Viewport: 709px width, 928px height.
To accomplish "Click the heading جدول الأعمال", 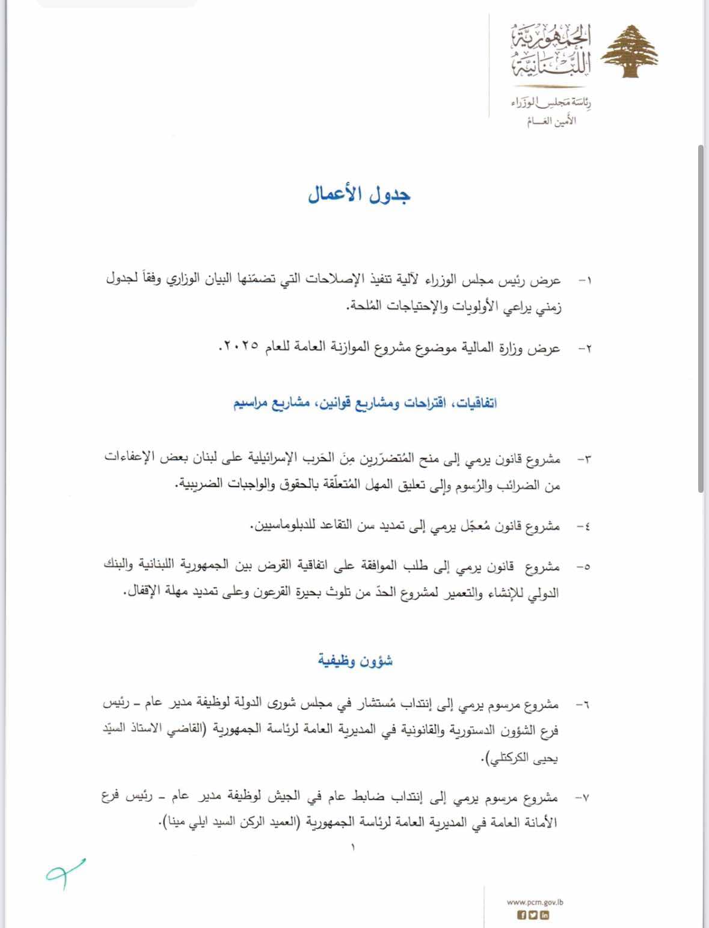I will [359, 195].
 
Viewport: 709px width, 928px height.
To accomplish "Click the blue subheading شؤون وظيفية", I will [355, 661].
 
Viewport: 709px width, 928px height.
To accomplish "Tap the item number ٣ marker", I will [584, 460].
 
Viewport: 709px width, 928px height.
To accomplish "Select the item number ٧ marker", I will [582, 798].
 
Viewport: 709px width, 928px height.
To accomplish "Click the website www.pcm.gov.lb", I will [535, 902].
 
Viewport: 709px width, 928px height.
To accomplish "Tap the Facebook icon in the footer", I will [522, 915].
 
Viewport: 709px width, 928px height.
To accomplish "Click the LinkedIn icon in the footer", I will [544, 915].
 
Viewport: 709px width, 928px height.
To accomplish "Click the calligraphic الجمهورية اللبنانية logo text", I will [550, 51].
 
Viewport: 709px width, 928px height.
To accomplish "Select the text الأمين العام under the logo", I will [551, 120].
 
